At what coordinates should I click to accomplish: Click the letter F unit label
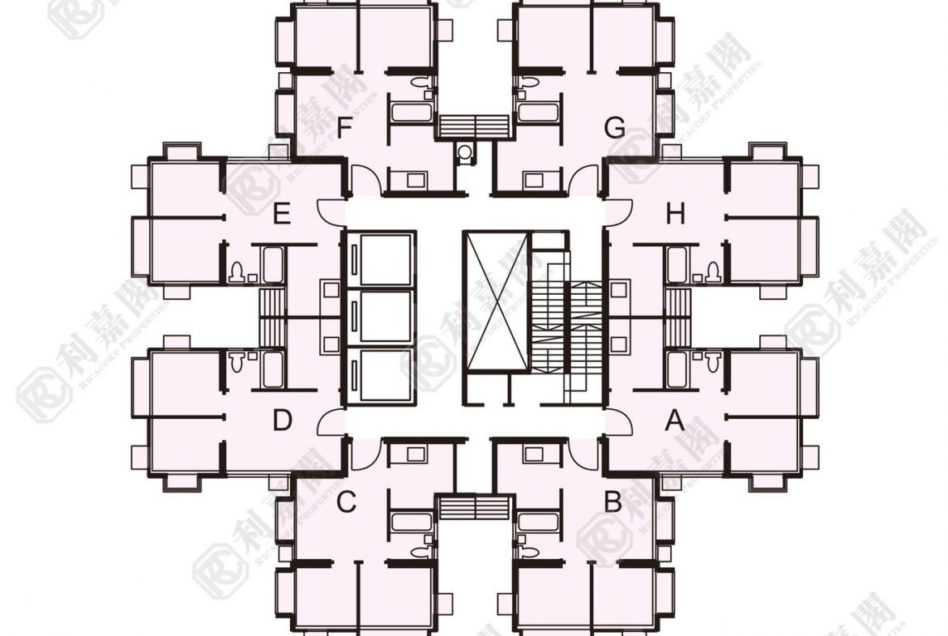[x=344, y=127]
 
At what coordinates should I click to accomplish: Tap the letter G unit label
[x=615, y=127]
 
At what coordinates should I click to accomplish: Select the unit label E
[x=281, y=215]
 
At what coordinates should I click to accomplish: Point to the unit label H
[x=675, y=215]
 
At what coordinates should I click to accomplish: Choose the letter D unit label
[x=281, y=420]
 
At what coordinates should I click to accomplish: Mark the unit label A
[x=674, y=420]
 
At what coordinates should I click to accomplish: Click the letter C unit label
[x=346, y=502]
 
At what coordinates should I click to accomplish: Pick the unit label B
[x=613, y=502]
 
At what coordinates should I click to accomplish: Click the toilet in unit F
[x=421, y=83]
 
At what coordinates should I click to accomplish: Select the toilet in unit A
[x=711, y=361]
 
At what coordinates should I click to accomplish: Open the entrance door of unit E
[x=331, y=212]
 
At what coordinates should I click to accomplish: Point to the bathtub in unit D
[x=272, y=369]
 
